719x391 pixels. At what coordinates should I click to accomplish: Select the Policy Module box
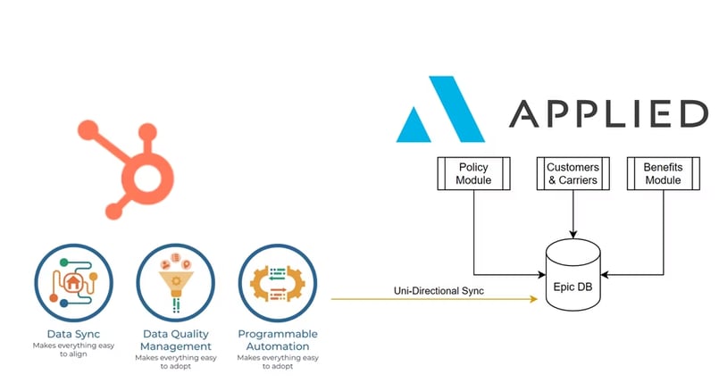click(x=473, y=173)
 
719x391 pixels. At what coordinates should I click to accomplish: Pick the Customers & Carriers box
click(x=573, y=173)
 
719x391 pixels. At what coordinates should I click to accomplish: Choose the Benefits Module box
click(x=663, y=173)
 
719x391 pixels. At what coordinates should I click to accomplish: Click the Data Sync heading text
click(x=71, y=334)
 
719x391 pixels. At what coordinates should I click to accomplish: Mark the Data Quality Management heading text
click(x=175, y=339)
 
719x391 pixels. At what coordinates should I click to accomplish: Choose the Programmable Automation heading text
click(x=277, y=339)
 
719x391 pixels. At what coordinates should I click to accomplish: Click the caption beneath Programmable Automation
click(x=277, y=362)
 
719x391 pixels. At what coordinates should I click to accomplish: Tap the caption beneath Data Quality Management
click(x=175, y=362)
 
